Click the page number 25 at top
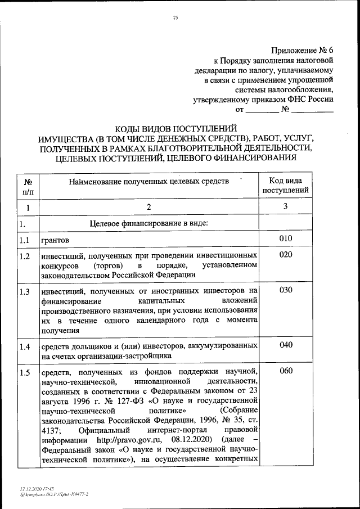click(175, 19)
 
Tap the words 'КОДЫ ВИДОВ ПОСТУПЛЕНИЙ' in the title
click(175, 128)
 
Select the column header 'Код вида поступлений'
click(286, 185)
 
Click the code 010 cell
click(286, 240)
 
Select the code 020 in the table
click(286, 255)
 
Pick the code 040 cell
click(286, 345)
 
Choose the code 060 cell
click(286, 371)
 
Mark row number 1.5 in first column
click(24, 372)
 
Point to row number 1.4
click(24, 346)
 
